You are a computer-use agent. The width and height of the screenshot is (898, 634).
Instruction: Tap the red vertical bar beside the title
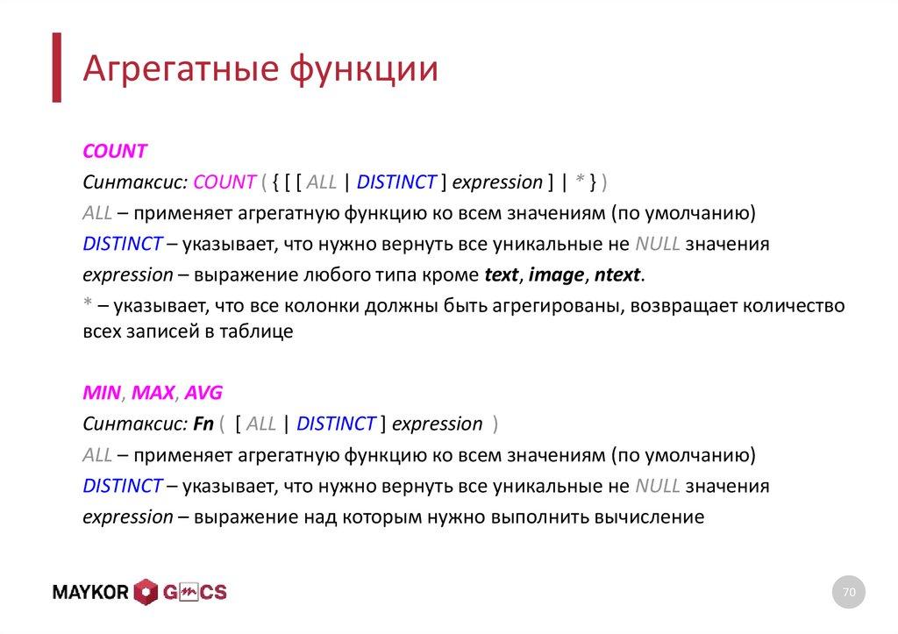tap(57, 68)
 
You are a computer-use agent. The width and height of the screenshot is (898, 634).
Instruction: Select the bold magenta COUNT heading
tap(114, 151)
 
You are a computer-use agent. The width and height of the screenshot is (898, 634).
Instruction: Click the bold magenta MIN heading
tap(101, 393)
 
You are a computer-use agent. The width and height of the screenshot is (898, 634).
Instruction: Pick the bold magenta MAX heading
tap(153, 393)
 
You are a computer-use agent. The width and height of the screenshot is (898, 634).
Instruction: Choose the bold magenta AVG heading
tap(203, 393)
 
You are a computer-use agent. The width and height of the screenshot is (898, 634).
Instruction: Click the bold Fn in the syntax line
tap(204, 424)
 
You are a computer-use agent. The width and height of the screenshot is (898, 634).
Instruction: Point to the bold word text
tap(502, 275)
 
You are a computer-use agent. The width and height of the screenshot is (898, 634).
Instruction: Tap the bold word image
tap(556, 275)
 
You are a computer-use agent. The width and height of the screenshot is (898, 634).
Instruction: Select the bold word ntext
tap(617, 275)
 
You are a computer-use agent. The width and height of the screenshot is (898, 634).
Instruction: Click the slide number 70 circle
tap(848, 593)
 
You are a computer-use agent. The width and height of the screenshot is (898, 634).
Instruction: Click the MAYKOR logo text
tap(91, 593)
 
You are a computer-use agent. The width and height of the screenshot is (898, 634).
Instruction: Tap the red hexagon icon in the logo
tap(146, 593)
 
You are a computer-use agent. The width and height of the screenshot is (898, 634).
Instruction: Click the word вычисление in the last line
tap(650, 517)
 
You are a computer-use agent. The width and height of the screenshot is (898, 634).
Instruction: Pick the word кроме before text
tap(452, 275)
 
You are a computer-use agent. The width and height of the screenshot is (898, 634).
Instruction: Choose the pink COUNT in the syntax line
tap(224, 182)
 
